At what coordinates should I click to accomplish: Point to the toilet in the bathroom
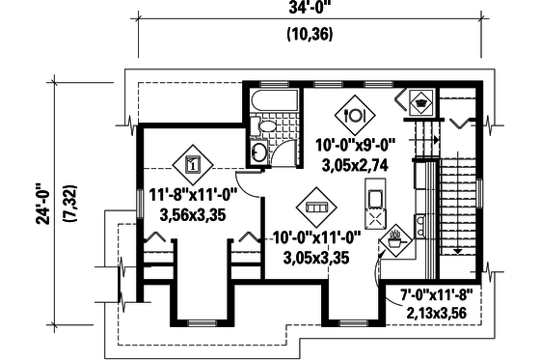[267, 127]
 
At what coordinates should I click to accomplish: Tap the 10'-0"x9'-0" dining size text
[356, 147]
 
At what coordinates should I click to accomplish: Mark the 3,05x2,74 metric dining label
[356, 165]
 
